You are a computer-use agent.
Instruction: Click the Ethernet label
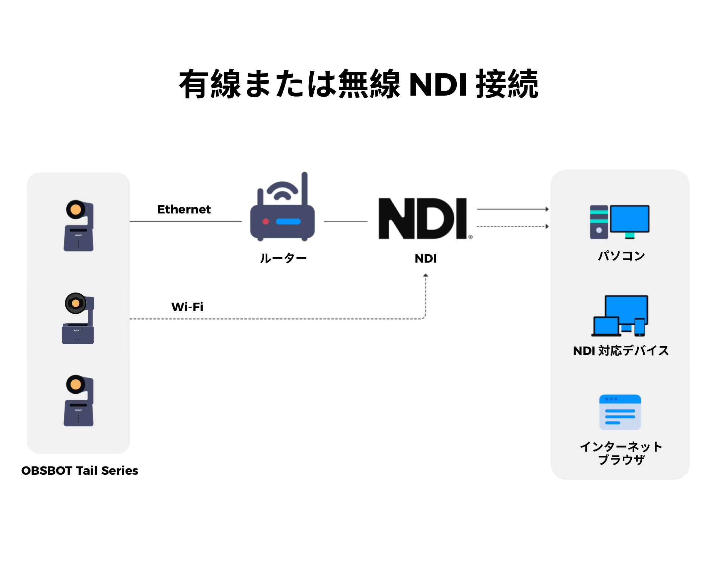tap(184, 209)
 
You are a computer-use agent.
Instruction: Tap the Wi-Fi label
tap(187, 307)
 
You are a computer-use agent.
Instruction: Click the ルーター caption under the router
tap(283, 258)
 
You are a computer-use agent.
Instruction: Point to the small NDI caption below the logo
tap(425, 258)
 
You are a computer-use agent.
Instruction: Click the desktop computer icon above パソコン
tap(619, 222)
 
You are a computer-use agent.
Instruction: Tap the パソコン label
tap(621, 256)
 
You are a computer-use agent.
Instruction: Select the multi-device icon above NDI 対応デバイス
tap(619, 316)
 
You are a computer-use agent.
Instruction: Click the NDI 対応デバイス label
tap(620, 351)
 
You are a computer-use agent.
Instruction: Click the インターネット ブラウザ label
tap(621, 453)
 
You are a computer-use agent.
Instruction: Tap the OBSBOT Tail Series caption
tap(79, 470)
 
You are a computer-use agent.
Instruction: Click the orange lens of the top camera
tap(75, 209)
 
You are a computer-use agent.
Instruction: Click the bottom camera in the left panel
tap(78, 400)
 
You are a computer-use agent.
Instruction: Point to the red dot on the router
tap(265, 221)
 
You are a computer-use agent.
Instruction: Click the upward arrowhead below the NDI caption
tap(425, 275)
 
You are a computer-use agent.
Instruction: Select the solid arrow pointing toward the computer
tap(512, 209)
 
